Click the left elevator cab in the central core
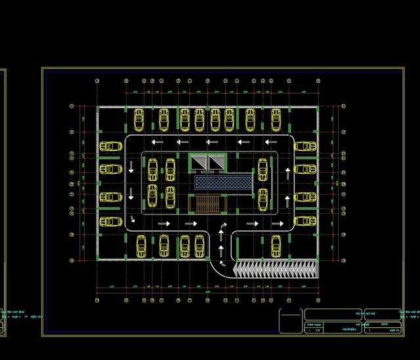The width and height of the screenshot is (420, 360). (x=199, y=163)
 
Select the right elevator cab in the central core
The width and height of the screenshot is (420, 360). (x=215, y=163)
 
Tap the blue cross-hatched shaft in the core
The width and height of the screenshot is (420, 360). (x=223, y=184)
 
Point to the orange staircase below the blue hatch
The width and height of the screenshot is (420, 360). (x=207, y=203)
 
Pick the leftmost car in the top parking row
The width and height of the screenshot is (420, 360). (x=139, y=119)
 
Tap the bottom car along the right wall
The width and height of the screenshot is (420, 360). (x=305, y=221)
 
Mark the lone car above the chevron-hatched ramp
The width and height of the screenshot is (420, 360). (x=277, y=245)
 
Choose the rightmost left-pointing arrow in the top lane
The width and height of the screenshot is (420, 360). (x=271, y=142)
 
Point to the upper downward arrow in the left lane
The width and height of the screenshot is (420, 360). (x=131, y=168)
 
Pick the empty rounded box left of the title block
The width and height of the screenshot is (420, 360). (x=290, y=321)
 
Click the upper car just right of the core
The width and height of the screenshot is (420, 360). (x=263, y=169)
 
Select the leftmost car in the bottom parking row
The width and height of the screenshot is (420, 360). (x=141, y=246)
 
